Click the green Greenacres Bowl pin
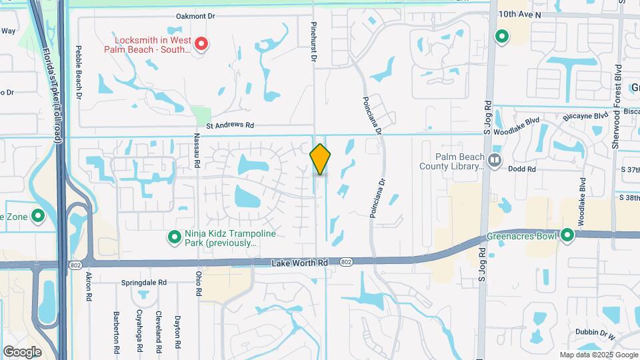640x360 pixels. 567,235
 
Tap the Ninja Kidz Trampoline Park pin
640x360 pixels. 175,236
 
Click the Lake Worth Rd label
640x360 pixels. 300,263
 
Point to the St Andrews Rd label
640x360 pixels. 230,125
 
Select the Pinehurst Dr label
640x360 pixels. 313,41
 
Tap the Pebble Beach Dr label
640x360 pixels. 78,73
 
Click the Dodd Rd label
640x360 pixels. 522,169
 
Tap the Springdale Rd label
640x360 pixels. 143,283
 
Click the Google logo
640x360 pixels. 22,352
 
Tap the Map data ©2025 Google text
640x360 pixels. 598,355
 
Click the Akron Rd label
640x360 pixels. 88,285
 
